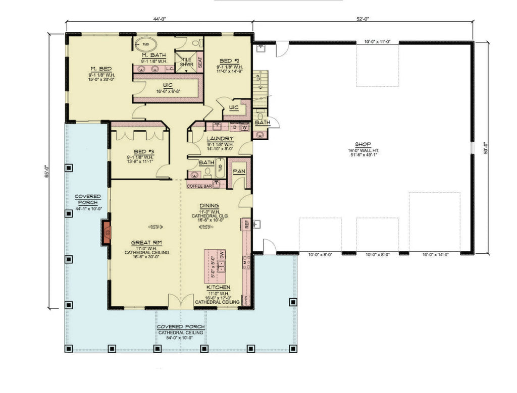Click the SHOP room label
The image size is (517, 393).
pyautogui.click(x=362, y=144)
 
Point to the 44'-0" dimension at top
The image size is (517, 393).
pyautogui.click(x=159, y=19)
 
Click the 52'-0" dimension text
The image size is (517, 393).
pyautogui.click(x=363, y=19)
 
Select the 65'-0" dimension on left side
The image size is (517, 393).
pyautogui.click(x=46, y=172)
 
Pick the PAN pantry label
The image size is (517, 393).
pyautogui.click(x=239, y=171)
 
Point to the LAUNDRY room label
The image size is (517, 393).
pyautogui.click(x=220, y=138)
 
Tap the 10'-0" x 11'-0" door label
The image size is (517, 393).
pyautogui.click(x=377, y=41)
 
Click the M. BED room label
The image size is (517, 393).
pyautogui.click(x=101, y=69)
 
